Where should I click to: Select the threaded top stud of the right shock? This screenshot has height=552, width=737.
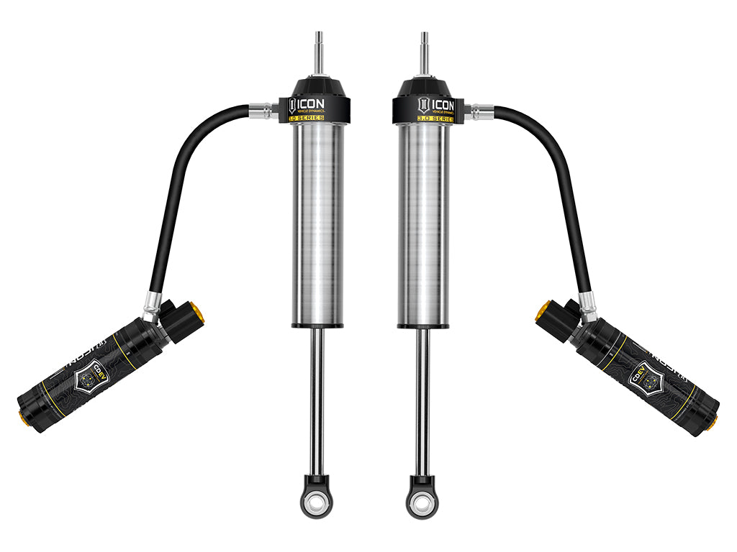(x=425, y=51)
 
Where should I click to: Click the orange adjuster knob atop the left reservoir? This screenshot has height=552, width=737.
(x=196, y=313)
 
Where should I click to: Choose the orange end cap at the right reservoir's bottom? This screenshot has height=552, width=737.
(x=712, y=422)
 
